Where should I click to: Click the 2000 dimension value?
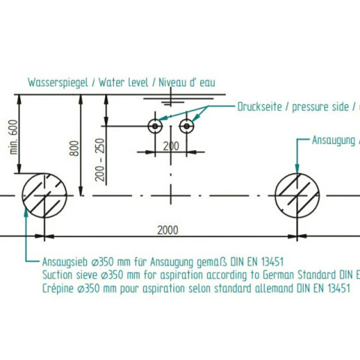point(167,230)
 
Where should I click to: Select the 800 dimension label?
point(74,148)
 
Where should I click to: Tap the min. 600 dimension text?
point(13,137)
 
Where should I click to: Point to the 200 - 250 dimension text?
point(100,160)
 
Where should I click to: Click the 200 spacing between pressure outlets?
point(171,146)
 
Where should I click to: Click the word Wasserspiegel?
point(58,82)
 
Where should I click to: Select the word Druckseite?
point(259,106)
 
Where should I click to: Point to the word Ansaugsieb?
point(65,262)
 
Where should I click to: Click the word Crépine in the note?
point(58,289)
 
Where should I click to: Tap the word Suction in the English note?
point(57,275)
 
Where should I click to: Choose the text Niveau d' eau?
point(187,82)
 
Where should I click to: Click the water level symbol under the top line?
point(171,100)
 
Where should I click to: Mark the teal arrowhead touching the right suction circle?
point(297,169)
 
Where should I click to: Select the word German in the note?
point(278,275)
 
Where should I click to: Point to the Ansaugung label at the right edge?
point(334,140)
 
